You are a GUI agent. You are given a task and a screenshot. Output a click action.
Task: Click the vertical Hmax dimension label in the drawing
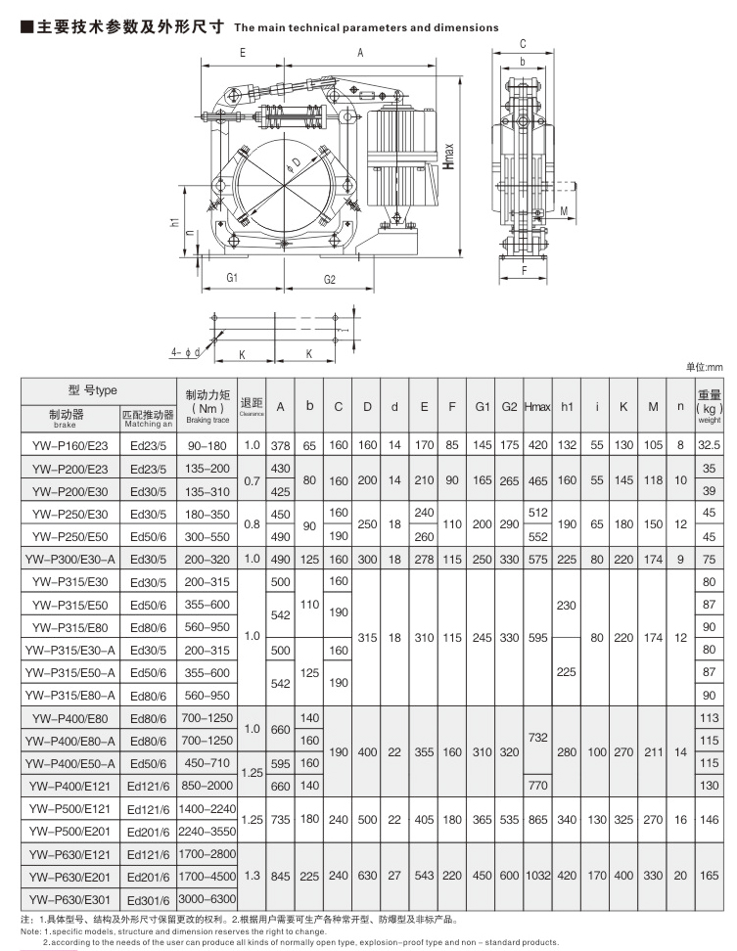447,158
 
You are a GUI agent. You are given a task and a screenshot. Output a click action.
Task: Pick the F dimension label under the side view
524,267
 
